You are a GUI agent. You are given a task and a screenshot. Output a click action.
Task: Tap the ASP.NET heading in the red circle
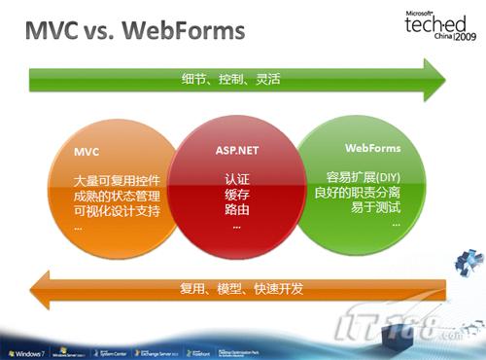pos(236,153)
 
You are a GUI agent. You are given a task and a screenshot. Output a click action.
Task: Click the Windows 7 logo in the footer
pos(26,348)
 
